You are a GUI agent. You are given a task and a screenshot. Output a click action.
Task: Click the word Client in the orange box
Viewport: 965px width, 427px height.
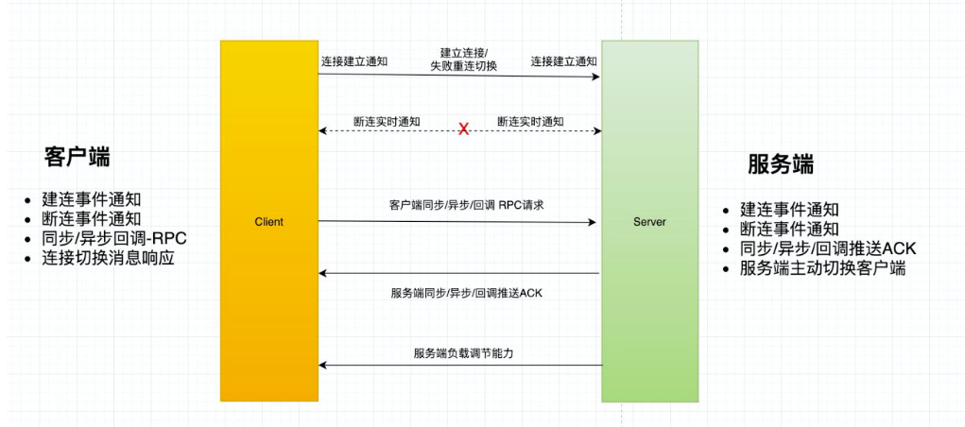(268, 222)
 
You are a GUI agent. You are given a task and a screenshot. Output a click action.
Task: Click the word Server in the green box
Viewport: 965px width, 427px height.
(649, 222)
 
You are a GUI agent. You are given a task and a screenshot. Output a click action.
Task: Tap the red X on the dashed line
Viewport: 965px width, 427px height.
(463, 129)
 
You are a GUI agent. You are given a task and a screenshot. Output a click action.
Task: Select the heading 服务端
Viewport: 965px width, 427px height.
(781, 164)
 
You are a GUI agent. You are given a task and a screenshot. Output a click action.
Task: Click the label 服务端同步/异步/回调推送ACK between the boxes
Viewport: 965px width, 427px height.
(466, 293)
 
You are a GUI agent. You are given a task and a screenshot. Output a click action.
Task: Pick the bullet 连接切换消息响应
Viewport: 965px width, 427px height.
(109, 258)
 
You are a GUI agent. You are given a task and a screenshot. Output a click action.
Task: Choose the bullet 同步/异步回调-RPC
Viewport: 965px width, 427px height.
(114, 238)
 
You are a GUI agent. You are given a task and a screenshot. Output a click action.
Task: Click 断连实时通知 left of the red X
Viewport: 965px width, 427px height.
(387, 122)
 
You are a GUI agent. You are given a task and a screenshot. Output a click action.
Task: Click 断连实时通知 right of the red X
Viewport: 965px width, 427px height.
(531, 122)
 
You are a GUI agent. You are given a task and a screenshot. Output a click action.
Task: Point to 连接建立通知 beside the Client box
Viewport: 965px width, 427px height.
(354, 61)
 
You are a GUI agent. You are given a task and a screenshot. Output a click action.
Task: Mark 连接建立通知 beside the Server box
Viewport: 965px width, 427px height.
(563, 61)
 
